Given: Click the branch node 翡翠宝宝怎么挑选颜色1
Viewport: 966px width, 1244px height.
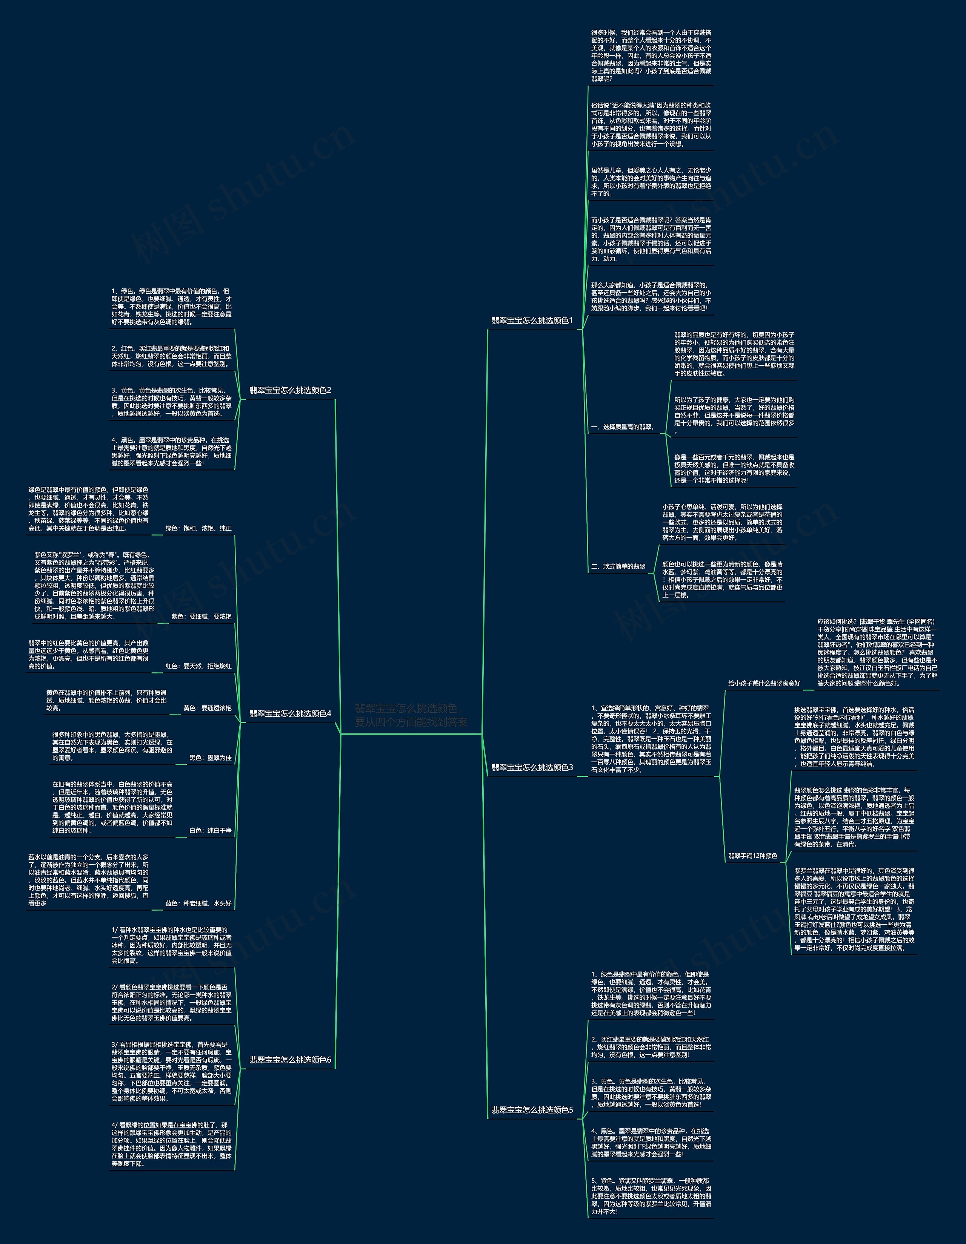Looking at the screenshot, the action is (532, 321).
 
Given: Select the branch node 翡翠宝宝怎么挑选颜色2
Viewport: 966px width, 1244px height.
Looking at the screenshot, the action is (290, 390).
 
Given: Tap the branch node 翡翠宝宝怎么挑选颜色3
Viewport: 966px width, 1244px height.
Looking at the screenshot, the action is (532, 767).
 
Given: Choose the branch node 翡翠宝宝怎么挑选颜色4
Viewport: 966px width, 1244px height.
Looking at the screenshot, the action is (290, 713).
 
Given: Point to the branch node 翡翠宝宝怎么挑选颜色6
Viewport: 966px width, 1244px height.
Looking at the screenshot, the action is (290, 1060).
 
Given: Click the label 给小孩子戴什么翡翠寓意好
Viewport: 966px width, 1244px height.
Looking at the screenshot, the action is (764, 683).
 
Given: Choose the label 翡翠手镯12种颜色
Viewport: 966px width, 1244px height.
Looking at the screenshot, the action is (752, 856).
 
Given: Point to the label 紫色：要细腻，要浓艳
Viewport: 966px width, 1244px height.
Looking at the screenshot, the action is (201, 616).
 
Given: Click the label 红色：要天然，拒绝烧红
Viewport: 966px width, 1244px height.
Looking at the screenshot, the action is (198, 666).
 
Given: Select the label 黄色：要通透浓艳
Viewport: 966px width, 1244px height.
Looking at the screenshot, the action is (207, 708).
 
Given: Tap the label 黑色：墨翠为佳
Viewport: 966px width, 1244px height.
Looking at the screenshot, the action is (210, 758).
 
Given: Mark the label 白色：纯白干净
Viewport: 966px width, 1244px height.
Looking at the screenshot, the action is (210, 830).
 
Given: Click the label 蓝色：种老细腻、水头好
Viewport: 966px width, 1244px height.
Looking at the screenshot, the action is (198, 903).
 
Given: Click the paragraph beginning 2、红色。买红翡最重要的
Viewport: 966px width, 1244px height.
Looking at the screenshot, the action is (171, 356).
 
